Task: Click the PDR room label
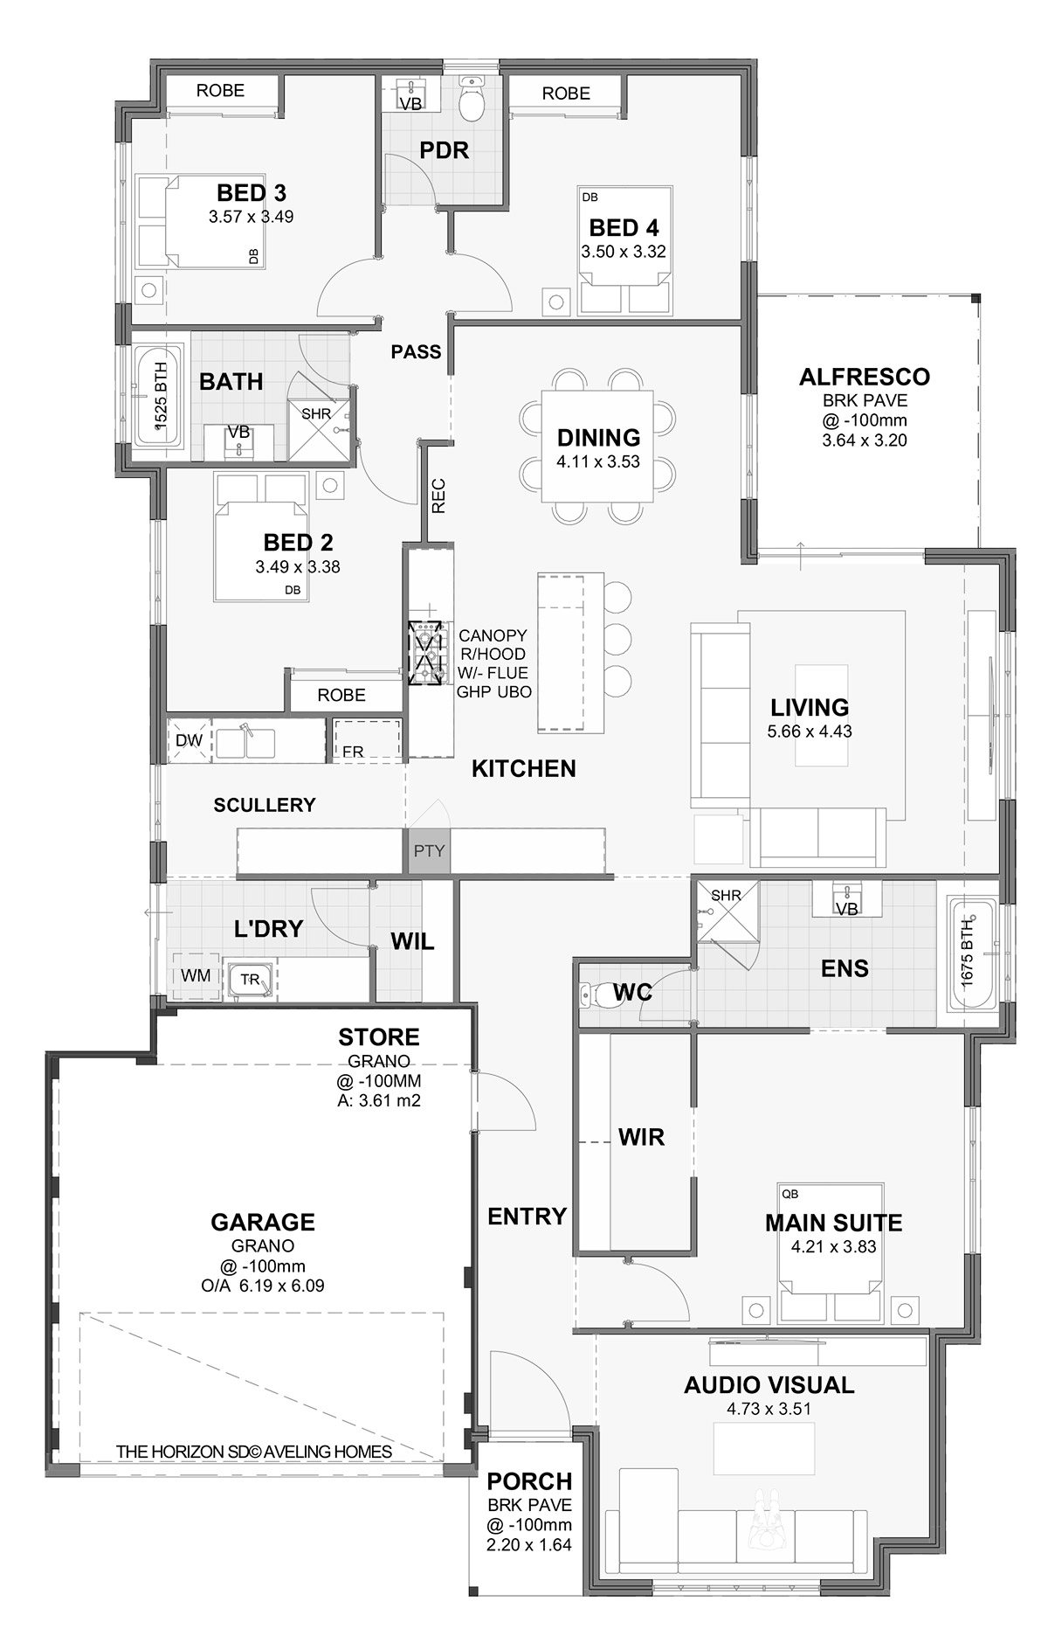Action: (444, 150)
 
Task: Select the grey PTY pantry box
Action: (429, 850)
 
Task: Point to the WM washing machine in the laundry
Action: (196, 975)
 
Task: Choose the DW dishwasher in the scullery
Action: (190, 740)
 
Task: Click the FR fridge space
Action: (366, 740)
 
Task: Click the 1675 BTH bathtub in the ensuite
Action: (967, 953)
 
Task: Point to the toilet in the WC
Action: (596, 993)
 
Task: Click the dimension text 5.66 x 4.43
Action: (810, 731)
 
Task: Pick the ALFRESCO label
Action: (865, 377)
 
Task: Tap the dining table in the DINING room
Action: (598, 446)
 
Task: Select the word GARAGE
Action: (263, 1222)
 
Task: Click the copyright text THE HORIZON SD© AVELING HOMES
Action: (254, 1452)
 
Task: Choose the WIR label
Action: (641, 1137)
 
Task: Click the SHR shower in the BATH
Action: (317, 417)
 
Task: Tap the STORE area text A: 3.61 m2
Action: (379, 1100)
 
